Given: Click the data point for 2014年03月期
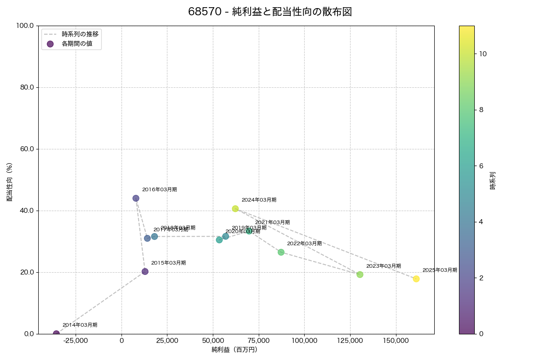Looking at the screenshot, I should tap(56, 334).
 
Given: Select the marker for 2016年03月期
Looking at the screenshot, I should tap(136, 198).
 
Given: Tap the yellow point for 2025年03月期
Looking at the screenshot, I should tap(416, 279).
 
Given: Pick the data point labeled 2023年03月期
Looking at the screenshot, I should tap(360, 274).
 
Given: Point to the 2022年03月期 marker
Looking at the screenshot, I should tap(281, 252).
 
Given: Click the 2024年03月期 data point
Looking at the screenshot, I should tap(235, 209).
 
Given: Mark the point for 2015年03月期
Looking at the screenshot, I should tap(145, 271).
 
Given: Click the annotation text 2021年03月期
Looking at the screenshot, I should tap(272, 222).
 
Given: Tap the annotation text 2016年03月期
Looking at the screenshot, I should tap(159, 189).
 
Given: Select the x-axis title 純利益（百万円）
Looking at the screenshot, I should tap(234, 350).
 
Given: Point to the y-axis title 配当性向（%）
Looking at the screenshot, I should tap(9, 182).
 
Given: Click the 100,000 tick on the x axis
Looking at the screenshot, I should tap(305, 341).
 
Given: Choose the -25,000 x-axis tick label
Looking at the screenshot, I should tap(76, 341).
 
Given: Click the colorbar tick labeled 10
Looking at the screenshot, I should tap(483, 54).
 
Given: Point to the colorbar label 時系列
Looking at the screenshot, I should tap(493, 180).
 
